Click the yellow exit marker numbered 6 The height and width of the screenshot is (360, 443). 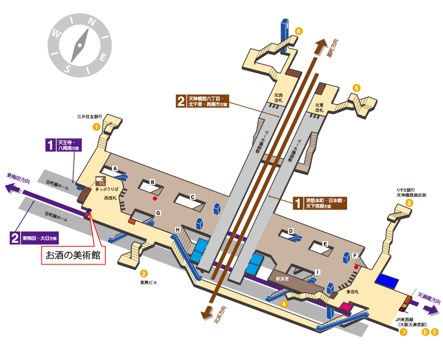click(299, 31)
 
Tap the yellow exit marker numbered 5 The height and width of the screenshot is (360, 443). click(357, 87)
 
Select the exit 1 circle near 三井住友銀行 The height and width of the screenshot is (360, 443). click(96, 127)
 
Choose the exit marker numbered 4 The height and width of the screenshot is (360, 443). click(284, 304)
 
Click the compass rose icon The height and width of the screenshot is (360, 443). click(80, 44)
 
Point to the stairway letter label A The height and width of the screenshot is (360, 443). click(115, 168)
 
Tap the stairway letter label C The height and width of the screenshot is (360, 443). click(192, 196)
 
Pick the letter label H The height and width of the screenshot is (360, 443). click(178, 230)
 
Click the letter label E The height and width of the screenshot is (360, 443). click(325, 243)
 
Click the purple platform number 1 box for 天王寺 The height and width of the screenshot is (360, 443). click(50, 145)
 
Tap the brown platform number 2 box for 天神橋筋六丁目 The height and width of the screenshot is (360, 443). click(181, 101)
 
